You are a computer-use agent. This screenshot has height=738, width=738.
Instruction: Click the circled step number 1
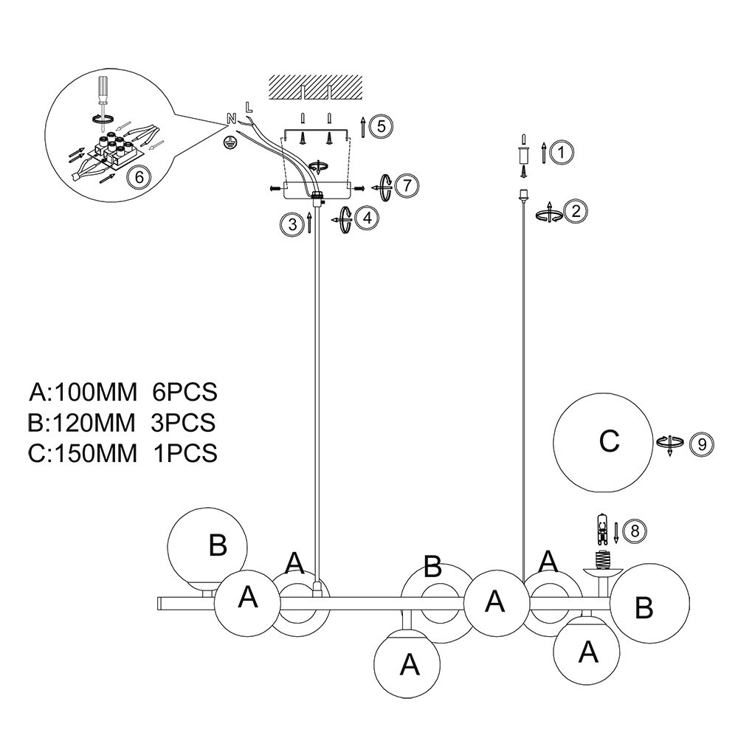click(561, 153)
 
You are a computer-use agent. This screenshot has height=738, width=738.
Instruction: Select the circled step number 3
click(293, 224)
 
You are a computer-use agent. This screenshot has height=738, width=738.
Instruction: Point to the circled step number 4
click(367, 218)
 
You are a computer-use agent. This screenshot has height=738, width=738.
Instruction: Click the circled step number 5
click(381, 126)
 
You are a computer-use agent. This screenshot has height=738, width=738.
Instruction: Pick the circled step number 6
click(139, 177)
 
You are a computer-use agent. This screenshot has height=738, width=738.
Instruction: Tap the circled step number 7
click(407, 185)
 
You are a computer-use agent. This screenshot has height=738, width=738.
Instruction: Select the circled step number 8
click(635, 531)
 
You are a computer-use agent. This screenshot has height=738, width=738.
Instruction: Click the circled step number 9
click(702, 444)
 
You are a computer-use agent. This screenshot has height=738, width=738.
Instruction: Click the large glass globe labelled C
click(603, 442)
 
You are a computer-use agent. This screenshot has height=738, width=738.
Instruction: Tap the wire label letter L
click(249, 108)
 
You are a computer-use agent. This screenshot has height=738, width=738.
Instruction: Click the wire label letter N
click(231, 119)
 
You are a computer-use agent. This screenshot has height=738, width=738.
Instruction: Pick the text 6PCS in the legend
click(184, 392)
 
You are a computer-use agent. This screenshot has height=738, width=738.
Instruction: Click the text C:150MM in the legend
click(83, 453)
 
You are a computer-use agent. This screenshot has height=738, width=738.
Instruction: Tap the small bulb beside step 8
click(601, 529)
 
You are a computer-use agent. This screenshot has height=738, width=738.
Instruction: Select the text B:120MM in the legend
click(81, 422)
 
